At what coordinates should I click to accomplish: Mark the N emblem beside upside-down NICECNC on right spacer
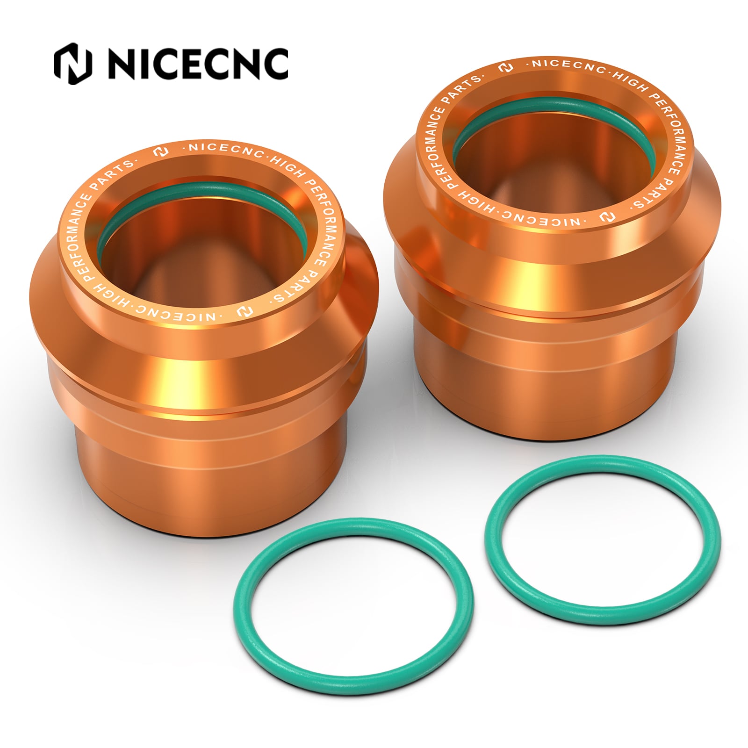pyautogui.click(x=604, y=217)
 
